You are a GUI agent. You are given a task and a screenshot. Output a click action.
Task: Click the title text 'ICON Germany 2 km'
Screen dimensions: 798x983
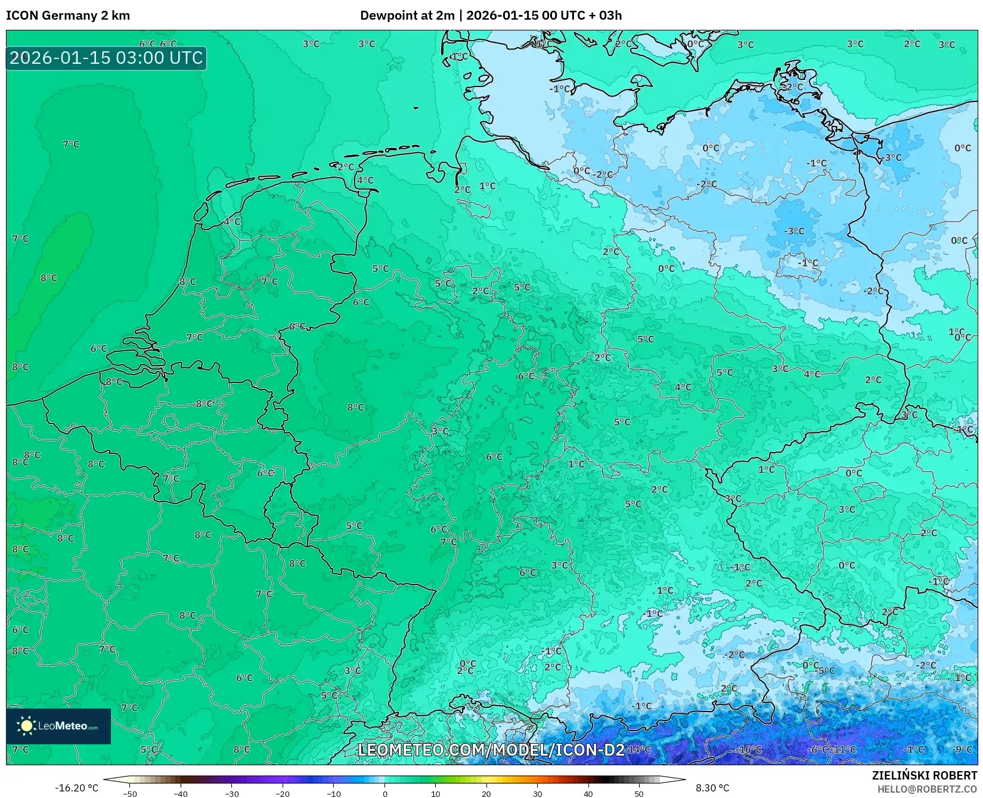coord(68,16)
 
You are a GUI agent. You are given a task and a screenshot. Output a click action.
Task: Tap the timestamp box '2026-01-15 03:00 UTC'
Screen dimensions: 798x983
coord(106,58)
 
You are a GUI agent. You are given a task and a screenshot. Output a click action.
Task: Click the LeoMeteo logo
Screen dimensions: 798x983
coord(58,726)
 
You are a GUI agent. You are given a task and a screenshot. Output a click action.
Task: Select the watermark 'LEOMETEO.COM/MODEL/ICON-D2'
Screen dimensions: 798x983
coord(491,750)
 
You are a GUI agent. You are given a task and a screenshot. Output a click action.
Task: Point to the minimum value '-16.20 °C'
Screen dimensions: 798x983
coord(76,788)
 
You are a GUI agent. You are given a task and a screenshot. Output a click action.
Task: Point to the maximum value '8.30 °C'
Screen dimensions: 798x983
coord(712,788)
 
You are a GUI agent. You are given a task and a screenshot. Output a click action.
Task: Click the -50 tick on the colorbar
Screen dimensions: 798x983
coord(130,793)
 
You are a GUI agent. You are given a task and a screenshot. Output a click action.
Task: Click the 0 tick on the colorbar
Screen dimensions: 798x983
coord(384,793)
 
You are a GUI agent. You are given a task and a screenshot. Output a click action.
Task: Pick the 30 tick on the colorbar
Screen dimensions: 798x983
coord(538,793)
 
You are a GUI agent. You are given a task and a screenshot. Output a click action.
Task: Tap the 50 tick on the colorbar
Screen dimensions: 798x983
coord(639,793)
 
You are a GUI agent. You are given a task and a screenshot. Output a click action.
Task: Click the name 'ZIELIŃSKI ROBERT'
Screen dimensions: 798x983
coord(925,775)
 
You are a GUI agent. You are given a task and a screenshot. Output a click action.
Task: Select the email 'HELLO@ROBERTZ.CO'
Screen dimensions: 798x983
coord(927,789)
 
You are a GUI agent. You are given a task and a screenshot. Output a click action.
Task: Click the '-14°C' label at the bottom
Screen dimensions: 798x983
coord(638,749)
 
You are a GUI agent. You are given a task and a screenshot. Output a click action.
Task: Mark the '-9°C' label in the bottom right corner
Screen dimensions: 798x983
coord(962,749)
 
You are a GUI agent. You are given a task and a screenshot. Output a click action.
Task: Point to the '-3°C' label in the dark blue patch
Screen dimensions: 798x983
coord(794,231)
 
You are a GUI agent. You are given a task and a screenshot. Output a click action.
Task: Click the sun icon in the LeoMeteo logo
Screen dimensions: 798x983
coord(26,725)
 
